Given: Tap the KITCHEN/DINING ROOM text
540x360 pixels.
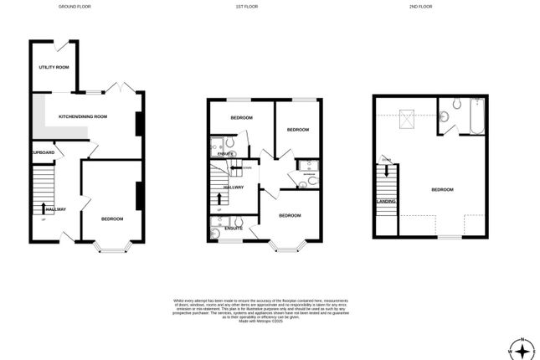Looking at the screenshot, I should tap(82, 116).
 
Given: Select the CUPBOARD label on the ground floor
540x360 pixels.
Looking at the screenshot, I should tap(44, 152).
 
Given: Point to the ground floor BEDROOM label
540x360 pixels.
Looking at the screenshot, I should tap(111, 219).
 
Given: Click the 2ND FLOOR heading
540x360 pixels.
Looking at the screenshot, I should tap(421, 6).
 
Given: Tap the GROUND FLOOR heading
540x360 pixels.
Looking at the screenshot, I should tap(75, 6).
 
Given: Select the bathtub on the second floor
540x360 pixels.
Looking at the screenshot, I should tap(475, 117).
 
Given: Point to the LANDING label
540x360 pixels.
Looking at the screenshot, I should tap(385, 201).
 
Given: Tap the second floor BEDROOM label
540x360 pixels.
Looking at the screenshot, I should tap(442, 190).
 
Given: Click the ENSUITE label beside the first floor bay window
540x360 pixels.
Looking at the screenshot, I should tap(234, 228).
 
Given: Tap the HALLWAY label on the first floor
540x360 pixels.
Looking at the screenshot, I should tap(234, 187).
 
